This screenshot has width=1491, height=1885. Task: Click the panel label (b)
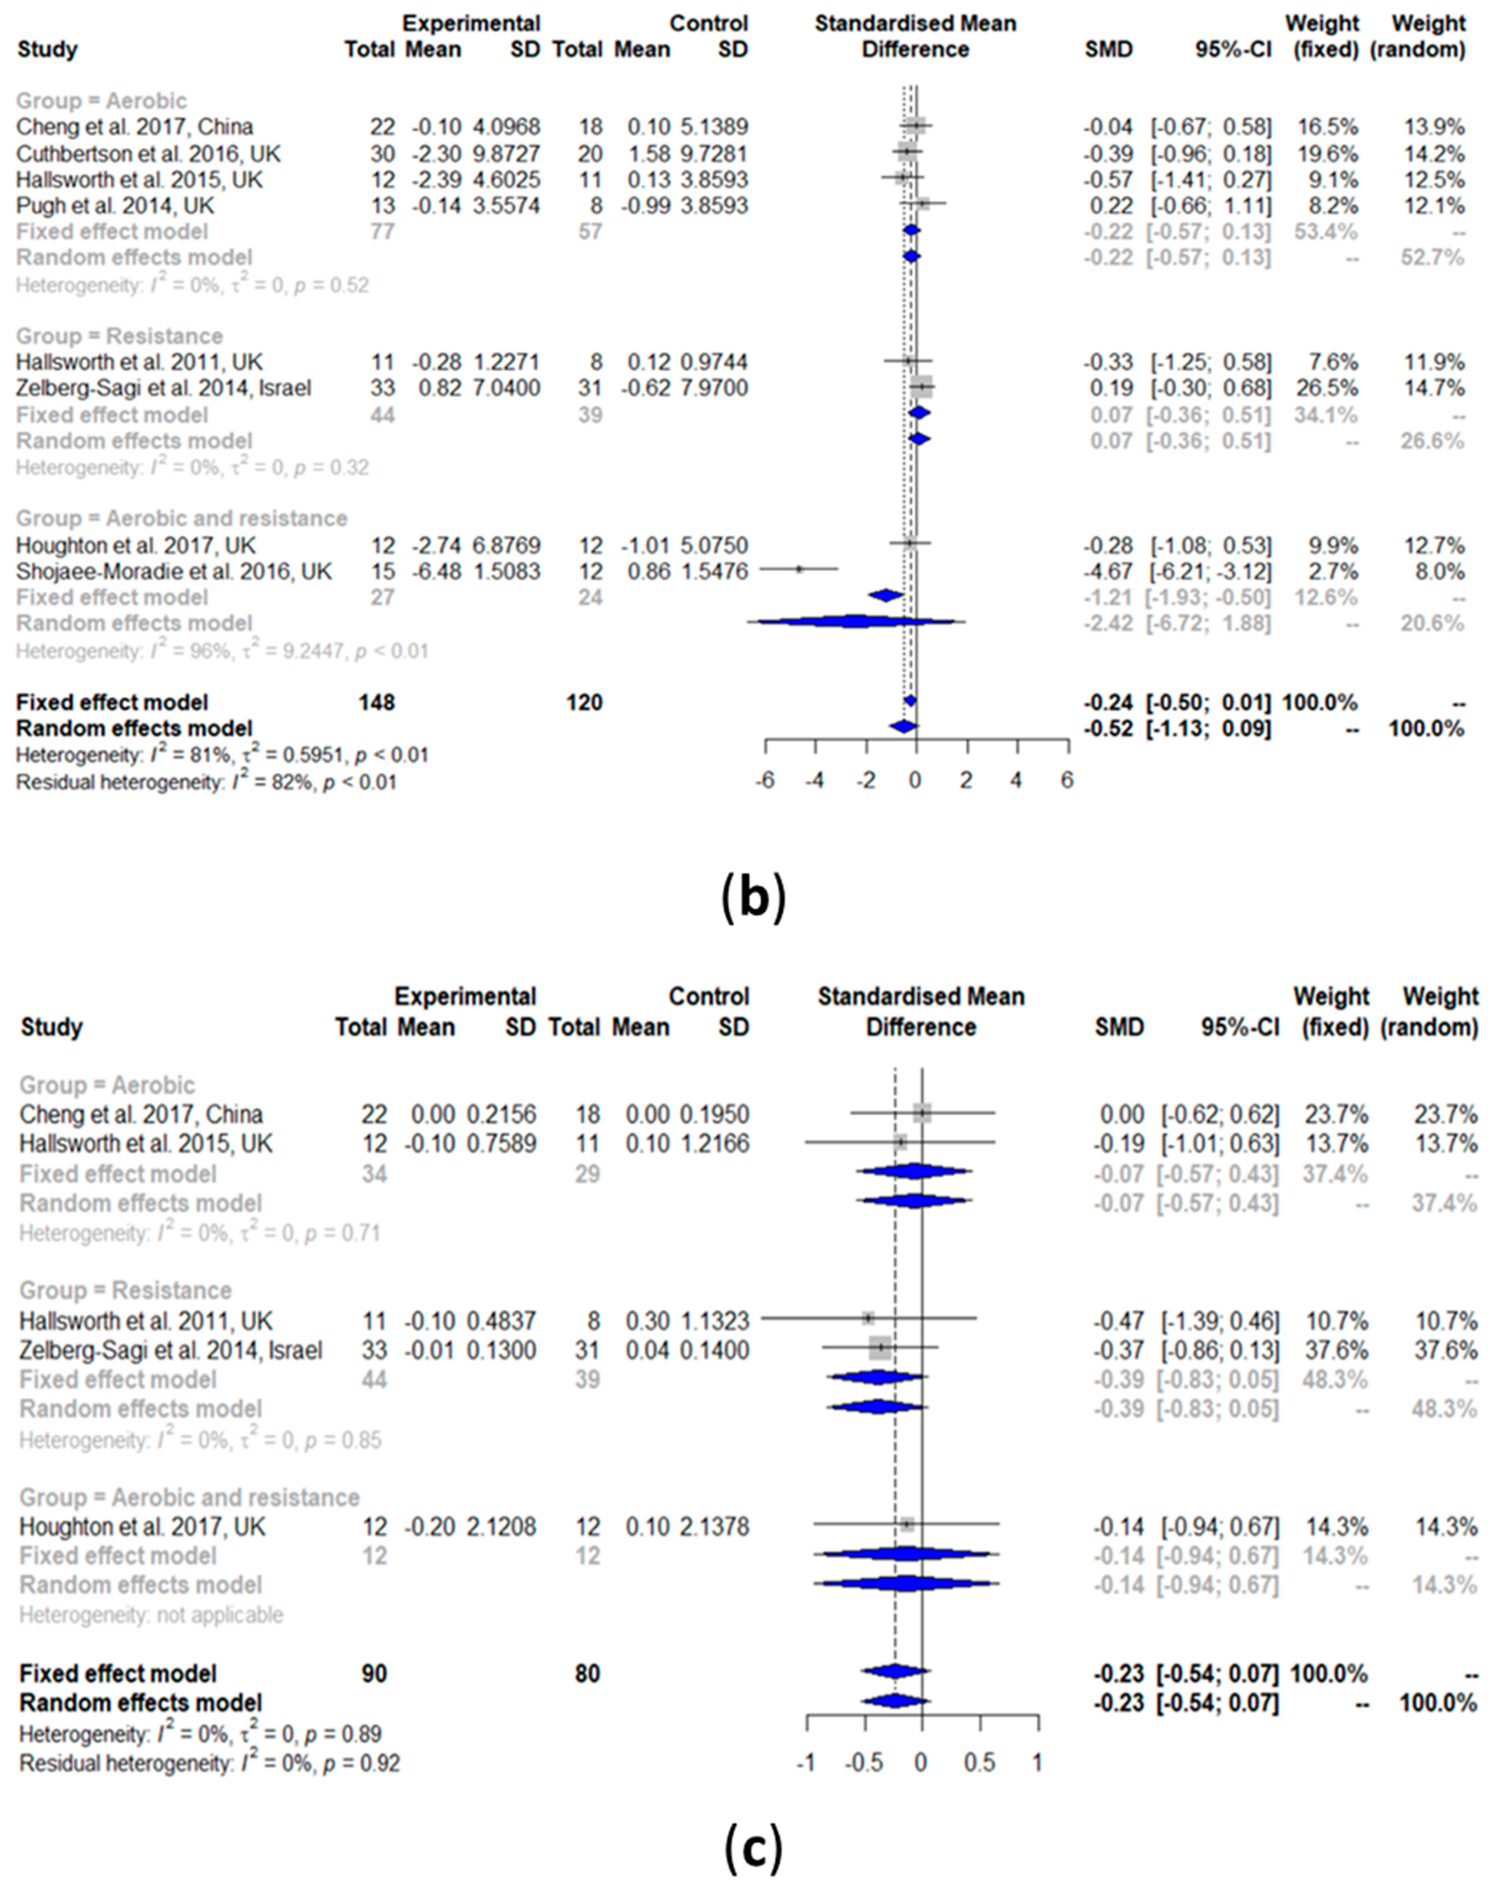[x=754, y=902]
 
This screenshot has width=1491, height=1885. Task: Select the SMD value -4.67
[x=1109, y=571]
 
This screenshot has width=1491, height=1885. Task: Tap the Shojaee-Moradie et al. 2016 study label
[x=175, y=571]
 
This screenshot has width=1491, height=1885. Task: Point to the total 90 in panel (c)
[x=374, y=1673]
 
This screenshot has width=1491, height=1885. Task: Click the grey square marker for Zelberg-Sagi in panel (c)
[x=880, y=1349]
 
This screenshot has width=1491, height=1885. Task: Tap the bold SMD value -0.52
[x=1109, y=728]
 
